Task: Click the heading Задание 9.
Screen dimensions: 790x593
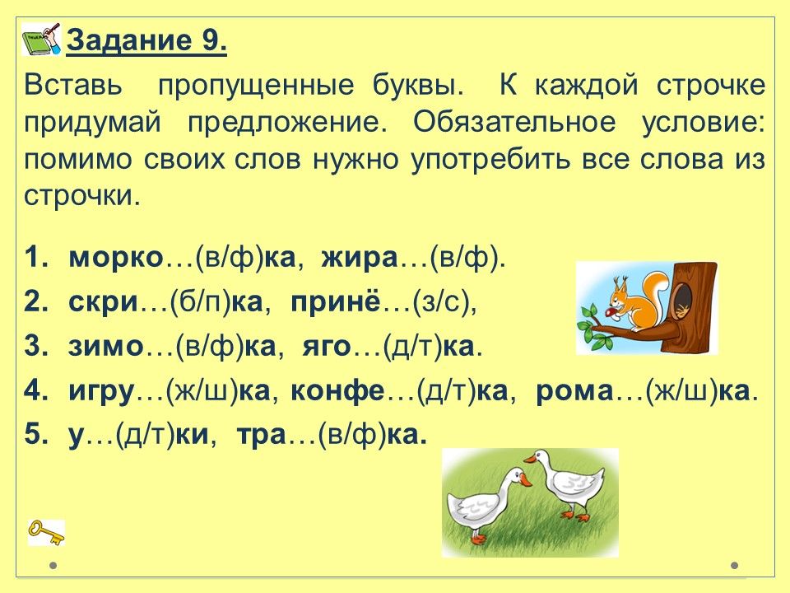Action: (x=146, y=41)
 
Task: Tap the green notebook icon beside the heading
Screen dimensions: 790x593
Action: (x=41, y=39)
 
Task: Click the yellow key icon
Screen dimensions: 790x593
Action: (x=46, y=533)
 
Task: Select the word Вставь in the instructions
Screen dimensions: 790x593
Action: (x=73, y=86)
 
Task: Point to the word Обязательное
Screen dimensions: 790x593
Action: (x=514, y=123)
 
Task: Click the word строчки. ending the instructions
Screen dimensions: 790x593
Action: (x=81, y=196)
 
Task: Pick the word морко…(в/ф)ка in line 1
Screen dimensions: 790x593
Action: (x=182, y=258)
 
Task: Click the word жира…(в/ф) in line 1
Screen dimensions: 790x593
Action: (x=413, y=258)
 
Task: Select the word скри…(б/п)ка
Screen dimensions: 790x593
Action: (x=166, y=302)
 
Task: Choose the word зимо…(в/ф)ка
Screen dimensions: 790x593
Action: (x=172, y=347)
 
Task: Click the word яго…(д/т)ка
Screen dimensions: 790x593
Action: (x=393, y=347)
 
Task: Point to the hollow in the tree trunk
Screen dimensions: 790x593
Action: (x=684, y=301)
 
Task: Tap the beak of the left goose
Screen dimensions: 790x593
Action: (x=525, y=479)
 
